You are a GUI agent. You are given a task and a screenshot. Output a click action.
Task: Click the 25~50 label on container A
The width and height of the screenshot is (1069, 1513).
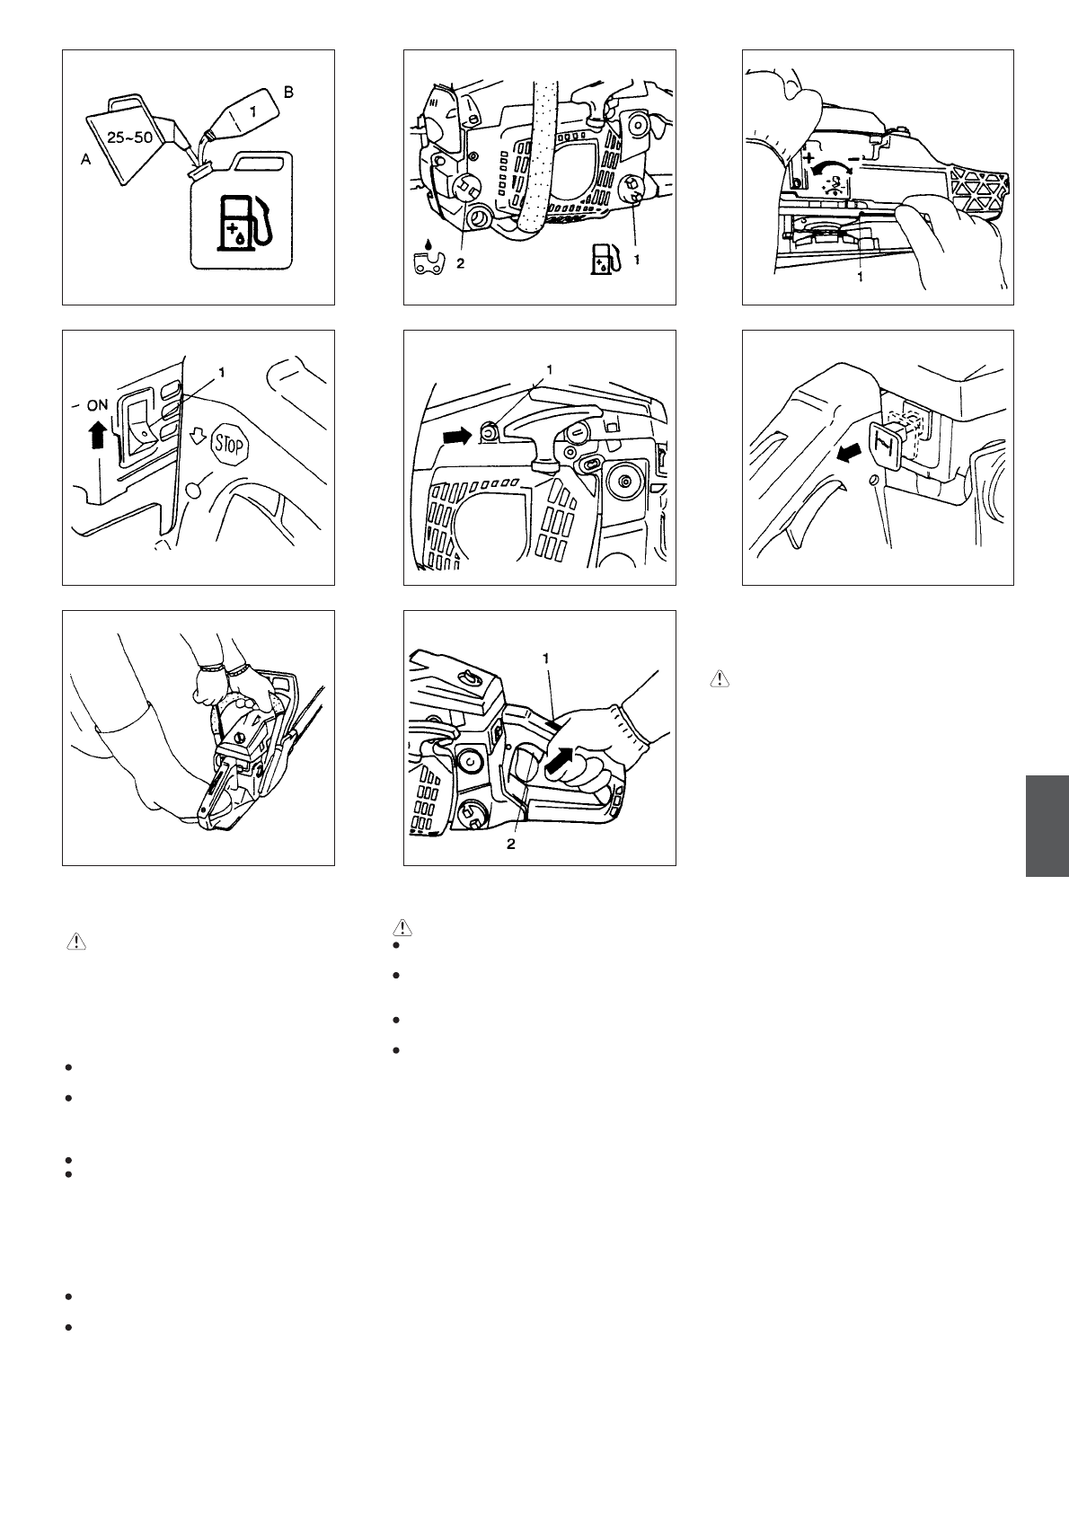(x=129, y=137)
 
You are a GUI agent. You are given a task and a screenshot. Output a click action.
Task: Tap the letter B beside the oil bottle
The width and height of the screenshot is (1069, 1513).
(x=288, y=93)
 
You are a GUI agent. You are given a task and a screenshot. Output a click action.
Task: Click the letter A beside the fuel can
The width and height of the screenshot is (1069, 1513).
(x=85, y=159)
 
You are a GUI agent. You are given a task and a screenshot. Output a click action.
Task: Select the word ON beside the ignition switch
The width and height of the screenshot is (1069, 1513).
(x=97, y=405)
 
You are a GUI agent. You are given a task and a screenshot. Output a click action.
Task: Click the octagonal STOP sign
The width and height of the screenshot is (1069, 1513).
(x=230, y=445)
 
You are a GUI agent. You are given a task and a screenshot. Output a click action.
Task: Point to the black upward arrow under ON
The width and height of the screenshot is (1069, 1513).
(x=98, y=434)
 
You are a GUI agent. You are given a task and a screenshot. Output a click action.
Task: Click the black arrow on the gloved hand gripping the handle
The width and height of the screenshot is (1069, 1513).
(x=562, y=758)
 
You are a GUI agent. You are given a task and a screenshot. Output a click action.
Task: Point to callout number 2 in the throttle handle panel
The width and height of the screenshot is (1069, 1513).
(x=511, y=844)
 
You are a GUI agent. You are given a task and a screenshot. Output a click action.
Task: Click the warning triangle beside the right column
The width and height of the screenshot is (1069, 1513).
(x=720, y=679)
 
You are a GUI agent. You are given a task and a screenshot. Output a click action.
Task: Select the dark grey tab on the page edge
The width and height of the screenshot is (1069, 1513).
(x=1047, y=826)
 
